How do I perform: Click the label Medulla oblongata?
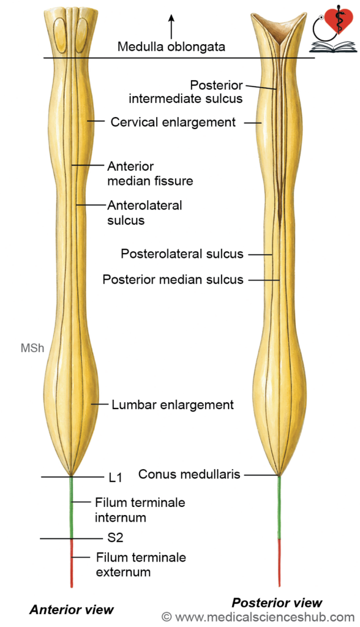(x=171, y=47)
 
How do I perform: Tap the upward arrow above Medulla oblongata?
(x=171, y=26)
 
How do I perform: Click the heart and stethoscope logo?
(x=333, y=31)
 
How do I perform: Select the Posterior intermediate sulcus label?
(x=186, y=92)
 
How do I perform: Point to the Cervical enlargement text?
(x=173, y=122)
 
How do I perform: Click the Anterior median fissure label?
(x=150, y=173)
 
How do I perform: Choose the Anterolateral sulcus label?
(x=144, y=212)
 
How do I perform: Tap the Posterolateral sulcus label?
(x=182, y=254)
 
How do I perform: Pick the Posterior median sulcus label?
(x=173, y=279)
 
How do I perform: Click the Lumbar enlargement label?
(x=173, y=405)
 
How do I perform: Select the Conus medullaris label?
(x=189, y=475)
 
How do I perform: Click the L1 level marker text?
(x=115, y=478)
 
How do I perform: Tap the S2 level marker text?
(x=115, y=538)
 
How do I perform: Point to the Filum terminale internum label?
(x=140, y=510)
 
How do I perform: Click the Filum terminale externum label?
(x=141, y=565)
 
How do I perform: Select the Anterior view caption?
(x=72, y=609)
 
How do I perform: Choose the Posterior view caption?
(x=277, y=603)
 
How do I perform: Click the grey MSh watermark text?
(x=32, y=348)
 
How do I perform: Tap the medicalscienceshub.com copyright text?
(x=258, y=617)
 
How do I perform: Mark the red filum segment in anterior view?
(x=72, y=563)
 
